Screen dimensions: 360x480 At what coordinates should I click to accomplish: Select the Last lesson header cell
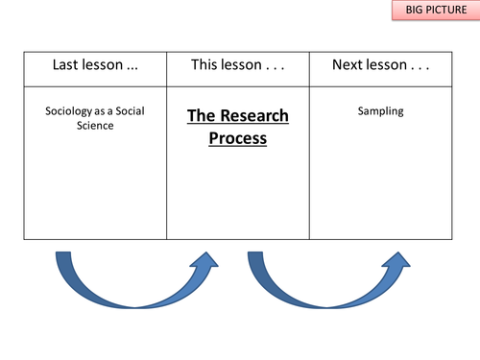pos(95,65)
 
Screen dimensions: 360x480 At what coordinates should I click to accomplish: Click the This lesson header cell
pos(238,65)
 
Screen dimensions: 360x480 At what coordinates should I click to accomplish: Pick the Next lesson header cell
pos(380,65)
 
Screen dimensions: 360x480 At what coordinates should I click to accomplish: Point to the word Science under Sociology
pos(95,125)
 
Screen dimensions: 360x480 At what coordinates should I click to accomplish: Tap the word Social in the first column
pos(130,110)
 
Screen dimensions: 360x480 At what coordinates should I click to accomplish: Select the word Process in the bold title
pos(238,137)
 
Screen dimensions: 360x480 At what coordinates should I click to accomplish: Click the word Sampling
pos(380,110)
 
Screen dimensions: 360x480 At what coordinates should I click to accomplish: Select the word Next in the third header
pos(347,65)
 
